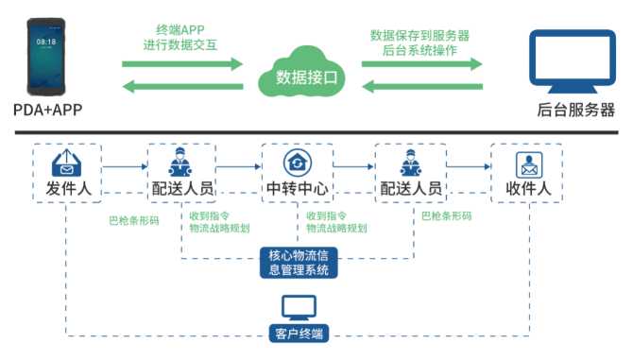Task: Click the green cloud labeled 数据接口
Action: tap(301, 72)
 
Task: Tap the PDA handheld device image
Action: tap(46, 57)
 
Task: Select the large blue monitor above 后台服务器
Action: tap(573, 60)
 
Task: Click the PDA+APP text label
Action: tap(47, 110)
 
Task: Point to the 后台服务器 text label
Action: tap(575, 110)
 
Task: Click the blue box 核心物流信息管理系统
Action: tap(299, 263)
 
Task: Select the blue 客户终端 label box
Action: tap(299, 334)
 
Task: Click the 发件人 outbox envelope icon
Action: tap(67, 163)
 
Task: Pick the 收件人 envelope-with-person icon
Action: tap(529, 164)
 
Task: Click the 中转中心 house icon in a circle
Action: tap(298, 163)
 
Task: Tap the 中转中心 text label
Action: tap(298, 188)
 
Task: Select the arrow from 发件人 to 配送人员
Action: tap(125, 166)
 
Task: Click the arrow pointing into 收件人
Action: tap(469, 166)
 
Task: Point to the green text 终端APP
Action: tap(180, 30)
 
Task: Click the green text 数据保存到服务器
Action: tap(419, 36)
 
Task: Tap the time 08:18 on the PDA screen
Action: tap(46, 42)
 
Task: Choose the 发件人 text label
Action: tap(69, 188)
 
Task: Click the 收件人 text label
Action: tap(528, 188)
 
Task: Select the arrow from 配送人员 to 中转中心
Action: tap(239, 166)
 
